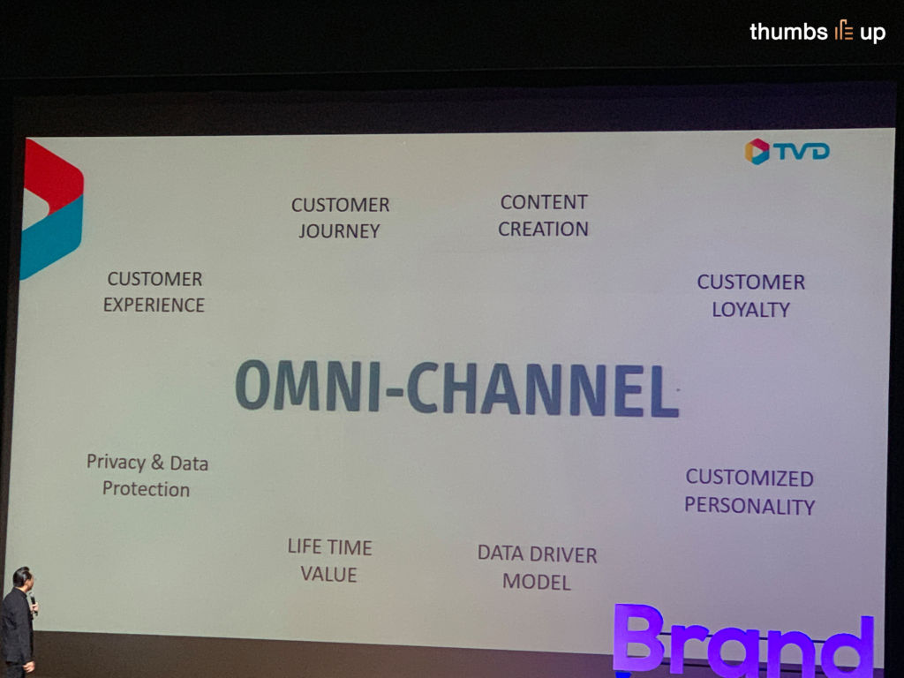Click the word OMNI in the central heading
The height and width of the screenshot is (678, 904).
[x=308, y=385]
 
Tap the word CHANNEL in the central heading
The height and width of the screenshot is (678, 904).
[x=543, y=389]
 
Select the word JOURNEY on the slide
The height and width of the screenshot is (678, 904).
[x=339, y=231]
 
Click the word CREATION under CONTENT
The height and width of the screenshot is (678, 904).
[x=543, y=229]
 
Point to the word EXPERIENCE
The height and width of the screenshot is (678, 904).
[x=154, y=305]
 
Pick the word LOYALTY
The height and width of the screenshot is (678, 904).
[x=750, y=310]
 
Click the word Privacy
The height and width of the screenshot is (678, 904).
[x=116, y=463]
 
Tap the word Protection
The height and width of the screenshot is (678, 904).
[x=146, y=489]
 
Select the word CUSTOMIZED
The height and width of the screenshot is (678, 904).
[x=750, y=478]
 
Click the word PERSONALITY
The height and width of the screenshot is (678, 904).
[x=750, y=506]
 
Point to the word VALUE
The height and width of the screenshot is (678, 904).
[x=328, y=574]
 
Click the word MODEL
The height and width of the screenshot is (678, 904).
[x=536, y=582]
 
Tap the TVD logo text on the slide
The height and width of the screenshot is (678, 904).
[x=802, y=151]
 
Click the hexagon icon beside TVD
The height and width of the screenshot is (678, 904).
[x=757, y=151]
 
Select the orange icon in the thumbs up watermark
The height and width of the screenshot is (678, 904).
[x=843, y=30]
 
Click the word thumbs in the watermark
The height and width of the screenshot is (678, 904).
[x=788, y=31]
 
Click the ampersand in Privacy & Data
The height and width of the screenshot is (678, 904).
[x=157, y=463]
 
